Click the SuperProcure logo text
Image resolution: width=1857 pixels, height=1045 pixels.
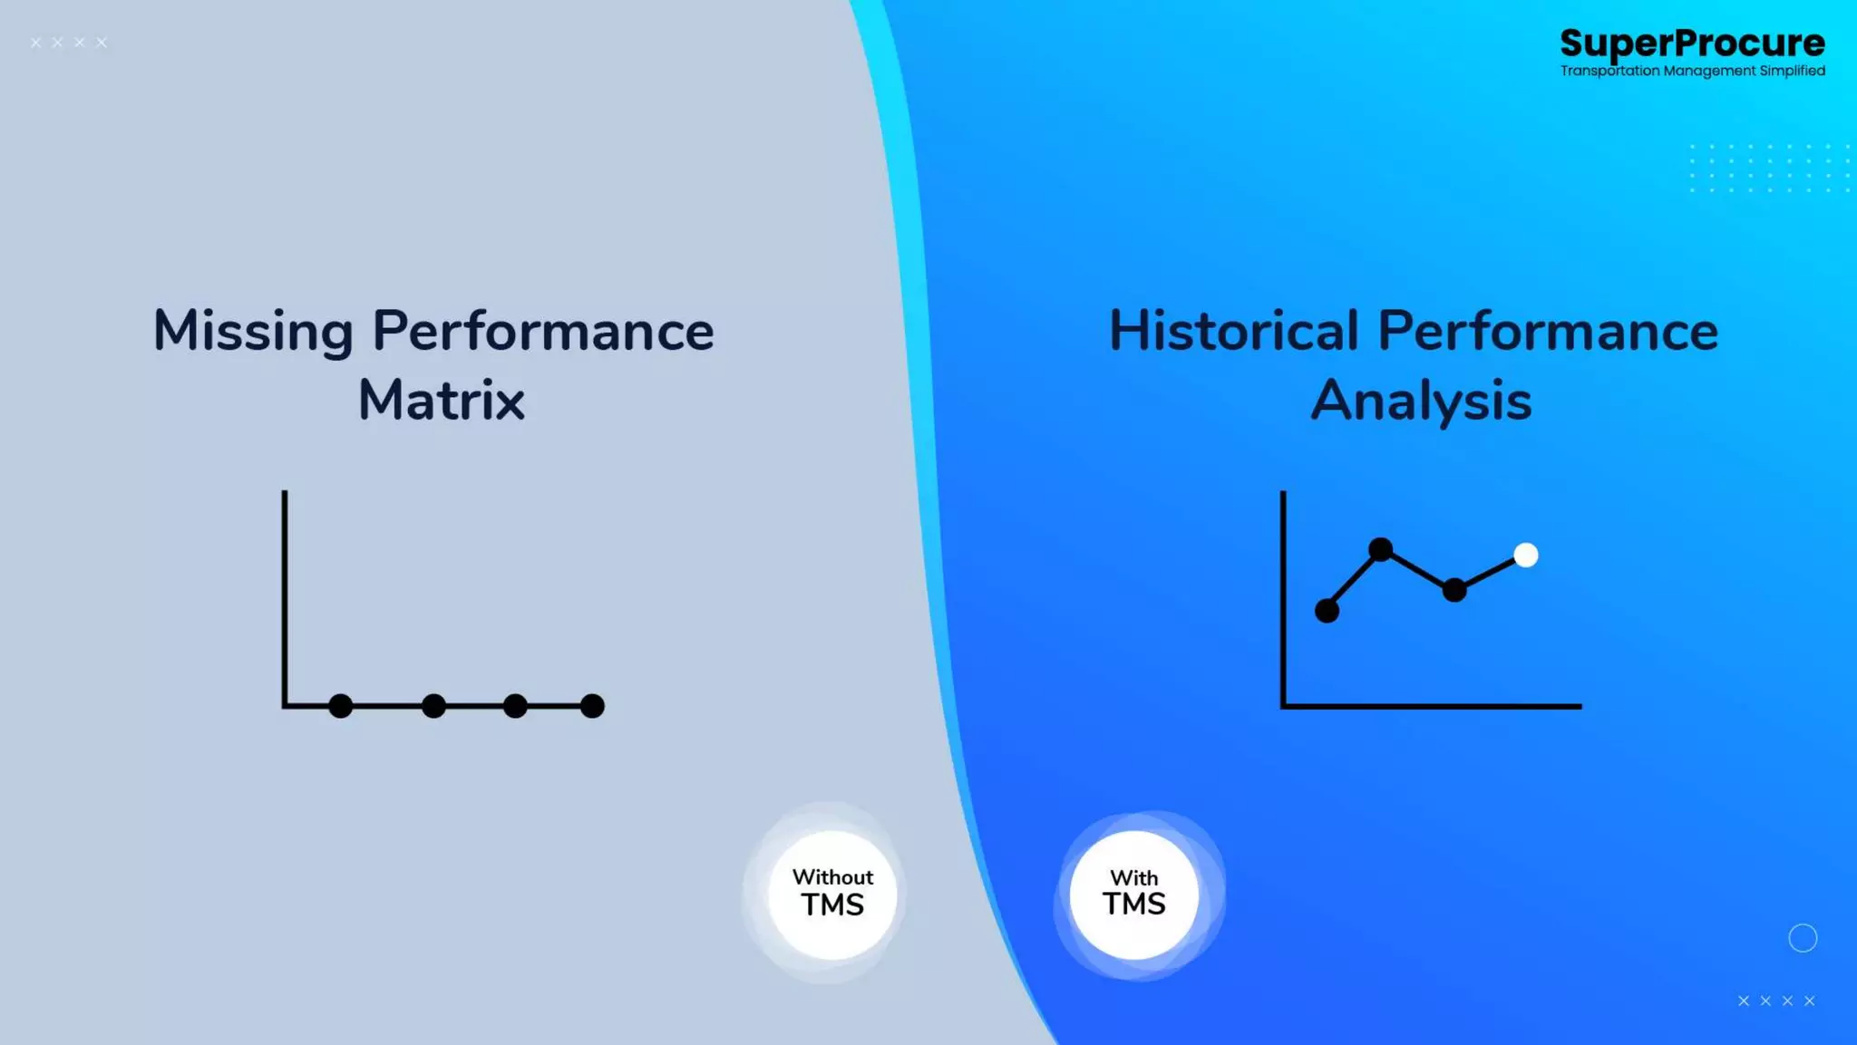(1692, 43)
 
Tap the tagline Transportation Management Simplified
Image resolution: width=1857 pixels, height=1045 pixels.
(1692, 71)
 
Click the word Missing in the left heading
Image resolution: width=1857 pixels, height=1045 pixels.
(253, 331)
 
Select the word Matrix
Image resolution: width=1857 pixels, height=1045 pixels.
(442, 400)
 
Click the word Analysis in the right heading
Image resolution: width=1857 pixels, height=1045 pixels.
(1421, 400)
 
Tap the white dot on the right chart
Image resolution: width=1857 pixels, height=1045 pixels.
(1526, 555)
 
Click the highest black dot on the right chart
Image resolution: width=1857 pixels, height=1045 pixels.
(1380, 549)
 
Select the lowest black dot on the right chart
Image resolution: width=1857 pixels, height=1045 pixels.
(1327, 611)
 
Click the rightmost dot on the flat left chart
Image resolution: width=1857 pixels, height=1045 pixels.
(592, 706)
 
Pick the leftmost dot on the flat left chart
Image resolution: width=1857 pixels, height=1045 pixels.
(340, 706)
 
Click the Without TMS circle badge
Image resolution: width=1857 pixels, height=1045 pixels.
(832, 894)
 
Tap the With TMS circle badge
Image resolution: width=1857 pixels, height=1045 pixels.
(1133, 894)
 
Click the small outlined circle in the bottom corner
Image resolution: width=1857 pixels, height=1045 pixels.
(1803, 938)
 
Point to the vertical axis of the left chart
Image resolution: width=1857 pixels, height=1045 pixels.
(285, 589)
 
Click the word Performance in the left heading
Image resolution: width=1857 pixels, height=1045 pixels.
(543, 331)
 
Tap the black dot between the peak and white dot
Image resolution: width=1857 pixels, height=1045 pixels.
(1454, 590)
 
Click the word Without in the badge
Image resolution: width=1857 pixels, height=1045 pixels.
(832, 877)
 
